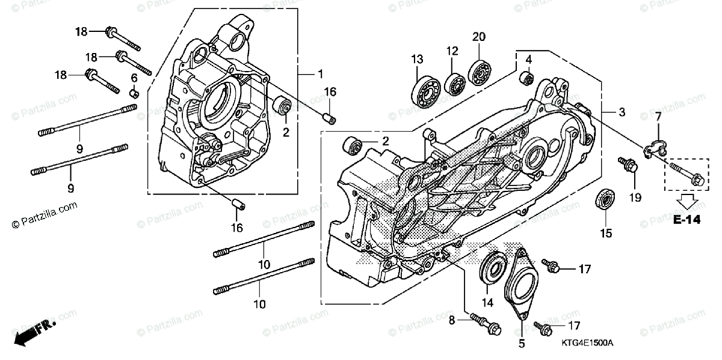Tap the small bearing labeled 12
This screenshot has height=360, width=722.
pos(454,83)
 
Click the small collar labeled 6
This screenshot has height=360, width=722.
pos(135,93)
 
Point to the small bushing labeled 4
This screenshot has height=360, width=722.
pos(526,78)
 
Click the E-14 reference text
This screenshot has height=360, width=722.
pos(687,220)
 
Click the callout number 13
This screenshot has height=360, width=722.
pos(417,58)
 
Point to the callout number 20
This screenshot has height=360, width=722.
pos(478,37)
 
